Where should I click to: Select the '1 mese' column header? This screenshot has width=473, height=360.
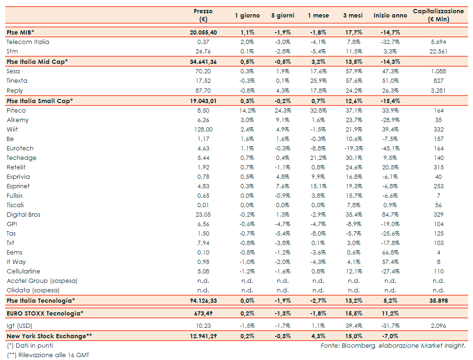(x=318, y=16)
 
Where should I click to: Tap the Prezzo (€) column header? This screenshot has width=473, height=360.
(x=203, y=15)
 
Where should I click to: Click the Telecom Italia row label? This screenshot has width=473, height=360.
(x=28, y=42)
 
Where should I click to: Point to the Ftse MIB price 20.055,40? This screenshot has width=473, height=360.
(x=203, y=32)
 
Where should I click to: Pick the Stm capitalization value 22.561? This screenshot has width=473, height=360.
(x=438, y=51)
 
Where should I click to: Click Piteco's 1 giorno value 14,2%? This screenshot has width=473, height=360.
(x=248, y=110)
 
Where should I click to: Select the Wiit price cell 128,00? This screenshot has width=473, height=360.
(x=203, y=129)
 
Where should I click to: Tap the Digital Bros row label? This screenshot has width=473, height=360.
(x=24, y=214)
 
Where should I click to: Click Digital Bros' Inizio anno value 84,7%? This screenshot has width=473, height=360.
(x=390, y=214)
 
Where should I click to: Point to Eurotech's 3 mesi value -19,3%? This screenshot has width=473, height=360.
(x=353, y=148)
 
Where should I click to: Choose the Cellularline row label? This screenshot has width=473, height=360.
(x=24, y=271)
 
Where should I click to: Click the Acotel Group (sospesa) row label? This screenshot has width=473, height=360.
(x=42, y=281)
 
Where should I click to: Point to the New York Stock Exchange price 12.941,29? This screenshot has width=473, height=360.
(x=203, y=336)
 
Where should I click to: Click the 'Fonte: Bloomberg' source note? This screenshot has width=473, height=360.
(x=393, y=345)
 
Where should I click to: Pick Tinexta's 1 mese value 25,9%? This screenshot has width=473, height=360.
(x=318, y=81)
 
